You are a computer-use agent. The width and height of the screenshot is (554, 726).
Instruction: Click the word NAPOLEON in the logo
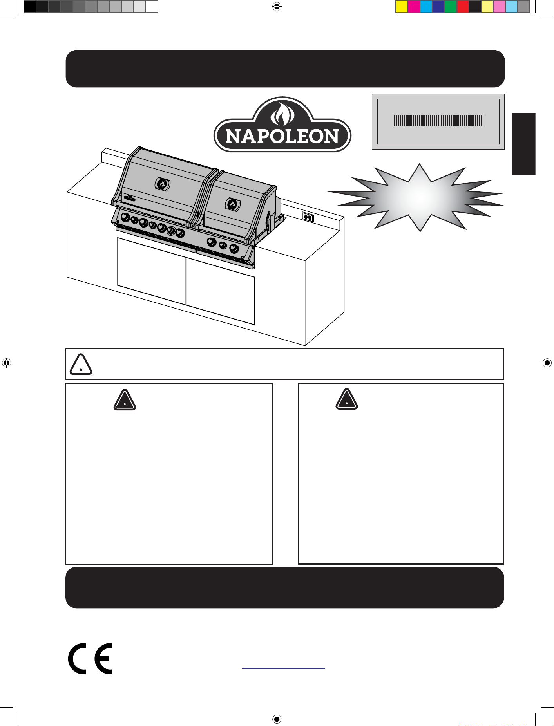click(282, 136)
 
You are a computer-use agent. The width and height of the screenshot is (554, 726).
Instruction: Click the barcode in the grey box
click(438, 120)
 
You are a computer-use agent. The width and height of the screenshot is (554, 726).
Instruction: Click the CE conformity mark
click(90, 658)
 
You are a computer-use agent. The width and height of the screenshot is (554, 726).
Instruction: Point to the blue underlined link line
click(284, 668)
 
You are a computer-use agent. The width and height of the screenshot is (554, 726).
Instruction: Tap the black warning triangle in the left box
click(125, 400)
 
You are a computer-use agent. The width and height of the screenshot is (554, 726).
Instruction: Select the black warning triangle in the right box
click(347, 399)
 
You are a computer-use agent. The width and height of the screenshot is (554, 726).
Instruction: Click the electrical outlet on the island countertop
click(308, 217)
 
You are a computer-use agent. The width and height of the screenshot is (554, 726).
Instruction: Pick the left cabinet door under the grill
click(152, 271)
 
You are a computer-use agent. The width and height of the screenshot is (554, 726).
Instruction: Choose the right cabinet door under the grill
click(220, 291)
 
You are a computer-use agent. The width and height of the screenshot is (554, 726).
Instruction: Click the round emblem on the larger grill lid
click(162, 184)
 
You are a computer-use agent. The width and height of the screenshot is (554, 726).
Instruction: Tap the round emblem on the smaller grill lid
click(232, 204)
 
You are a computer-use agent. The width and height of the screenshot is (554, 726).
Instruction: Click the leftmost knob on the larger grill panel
click(125, 217)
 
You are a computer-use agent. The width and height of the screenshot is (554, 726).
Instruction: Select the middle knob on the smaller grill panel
click(223, 246)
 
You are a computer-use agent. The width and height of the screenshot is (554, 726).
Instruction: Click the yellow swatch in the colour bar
click(402, 7)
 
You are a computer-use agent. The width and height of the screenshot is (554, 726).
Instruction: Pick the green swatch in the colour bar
click(450, 7)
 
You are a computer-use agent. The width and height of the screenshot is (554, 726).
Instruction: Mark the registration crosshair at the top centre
click(277, 6)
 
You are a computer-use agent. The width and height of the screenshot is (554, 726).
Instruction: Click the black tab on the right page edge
click(523, 144)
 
